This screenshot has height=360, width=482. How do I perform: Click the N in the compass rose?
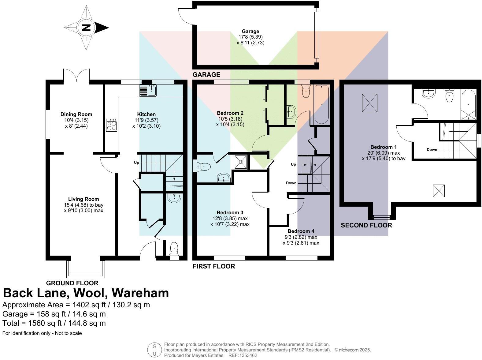[x=86, y=28]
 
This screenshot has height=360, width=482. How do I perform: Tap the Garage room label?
[x=250, y=31]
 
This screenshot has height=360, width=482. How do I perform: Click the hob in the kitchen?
[x=111, y=125]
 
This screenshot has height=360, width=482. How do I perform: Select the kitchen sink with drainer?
[x=148, y=91]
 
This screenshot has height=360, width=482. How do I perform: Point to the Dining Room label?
[x=76, y=114]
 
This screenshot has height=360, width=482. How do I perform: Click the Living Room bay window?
[x=86, y=268]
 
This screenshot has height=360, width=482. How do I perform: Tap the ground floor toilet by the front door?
[x=174, y=248]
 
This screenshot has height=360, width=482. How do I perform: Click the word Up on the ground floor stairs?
[x=136, y=163]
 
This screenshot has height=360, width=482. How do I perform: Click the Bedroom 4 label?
[x=301, y=231]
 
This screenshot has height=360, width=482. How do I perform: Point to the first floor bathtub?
[x=321, y=104]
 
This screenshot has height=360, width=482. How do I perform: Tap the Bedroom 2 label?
[x=230, y=113]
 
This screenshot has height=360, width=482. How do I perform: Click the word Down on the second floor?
[x=432, y=150]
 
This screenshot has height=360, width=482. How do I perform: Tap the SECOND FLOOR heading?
[x=366, y=225]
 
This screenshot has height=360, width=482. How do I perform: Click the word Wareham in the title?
[x=140, y=293]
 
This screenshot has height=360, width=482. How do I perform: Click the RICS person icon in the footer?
[x=154, y=350]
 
